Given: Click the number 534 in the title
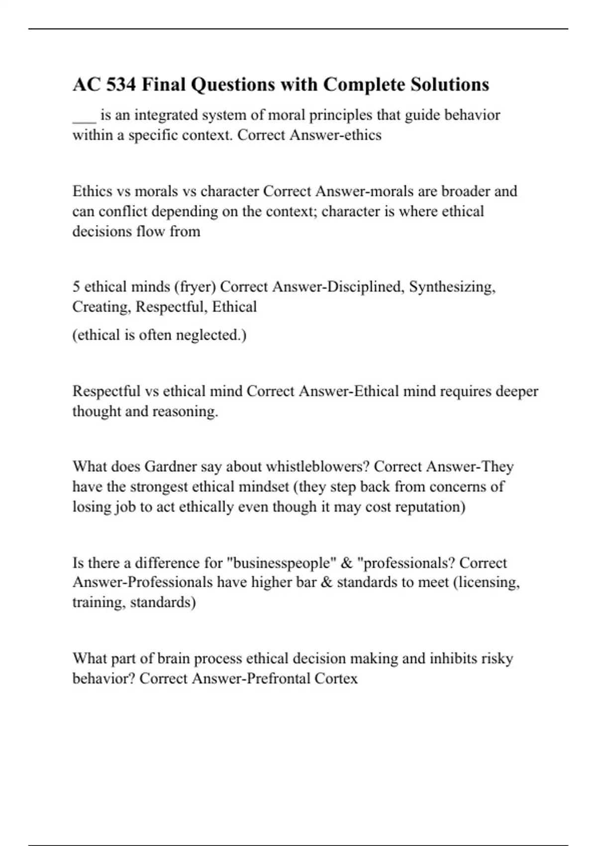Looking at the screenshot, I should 121,85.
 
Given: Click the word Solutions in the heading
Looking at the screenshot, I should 450,85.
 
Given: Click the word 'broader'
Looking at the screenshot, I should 465,191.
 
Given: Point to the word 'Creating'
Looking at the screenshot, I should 101,307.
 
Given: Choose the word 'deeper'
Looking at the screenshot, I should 514,391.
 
